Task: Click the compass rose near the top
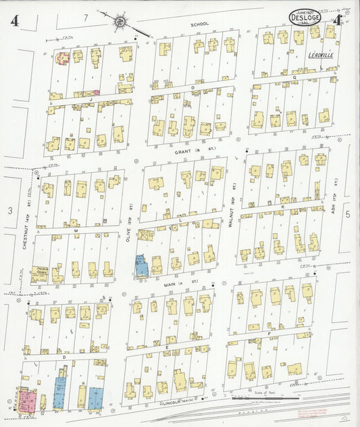point(118,21)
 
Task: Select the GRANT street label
point(191,151)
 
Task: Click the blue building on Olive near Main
point(141,265)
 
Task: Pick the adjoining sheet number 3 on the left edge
point(9,211)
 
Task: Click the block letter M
point(76,231)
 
